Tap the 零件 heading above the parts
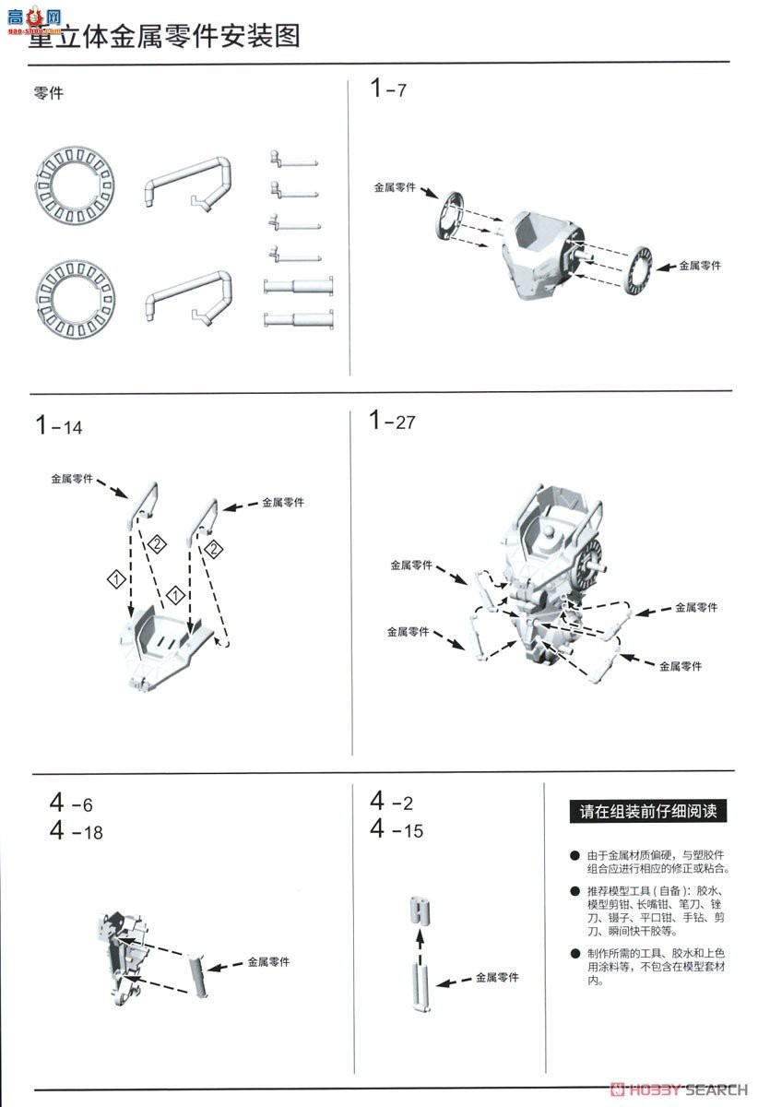coord(48,93)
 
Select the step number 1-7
coord(387,89)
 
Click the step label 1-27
coord(393,422)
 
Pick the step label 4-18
coord(77,831)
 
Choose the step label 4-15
coord(397,829)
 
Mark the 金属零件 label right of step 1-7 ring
coord(700,266)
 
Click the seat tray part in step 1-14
coord(171,650)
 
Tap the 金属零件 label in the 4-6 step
coord(268,961)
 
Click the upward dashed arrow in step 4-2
coord(420,942)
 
